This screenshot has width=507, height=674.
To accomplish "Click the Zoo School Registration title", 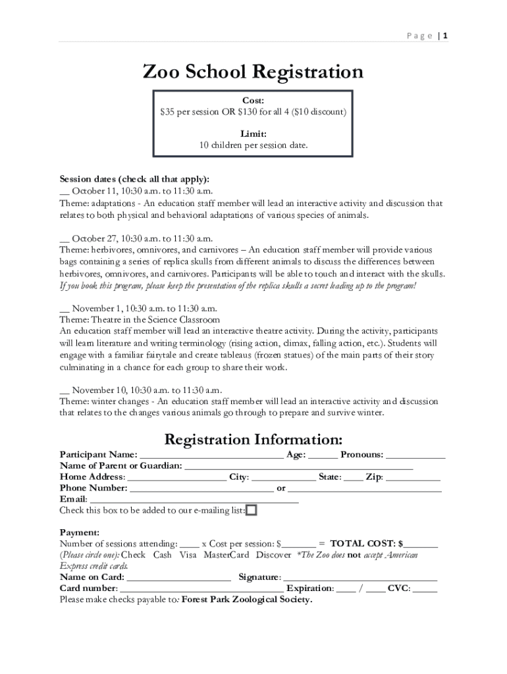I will coord(253,71).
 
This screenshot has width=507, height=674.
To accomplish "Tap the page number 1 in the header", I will coord(446,36).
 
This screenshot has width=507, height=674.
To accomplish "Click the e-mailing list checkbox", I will coord(252,510).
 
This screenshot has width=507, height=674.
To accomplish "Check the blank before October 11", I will coord(64,192).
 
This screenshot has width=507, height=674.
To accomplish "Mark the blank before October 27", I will coord(64,239).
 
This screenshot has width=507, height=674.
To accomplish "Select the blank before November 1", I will coord(64,309).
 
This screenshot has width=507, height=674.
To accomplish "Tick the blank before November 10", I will coord(64,390).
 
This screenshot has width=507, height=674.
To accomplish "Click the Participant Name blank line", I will coord(211,455).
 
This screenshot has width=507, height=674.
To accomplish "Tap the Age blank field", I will coord(323,455).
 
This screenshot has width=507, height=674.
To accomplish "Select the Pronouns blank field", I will coord(415,455).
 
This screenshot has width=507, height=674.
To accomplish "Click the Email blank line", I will coord(194,500).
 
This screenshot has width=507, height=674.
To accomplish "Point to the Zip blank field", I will coord(413,478).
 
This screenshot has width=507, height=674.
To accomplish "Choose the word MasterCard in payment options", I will coord(226,555).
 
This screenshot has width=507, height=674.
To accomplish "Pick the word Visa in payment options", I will coord(188,555).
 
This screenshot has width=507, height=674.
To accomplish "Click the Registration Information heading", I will coord(253,439).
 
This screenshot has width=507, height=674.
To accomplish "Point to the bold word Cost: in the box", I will coord(253,101).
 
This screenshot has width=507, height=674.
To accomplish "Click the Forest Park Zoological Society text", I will coord(246,600).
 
